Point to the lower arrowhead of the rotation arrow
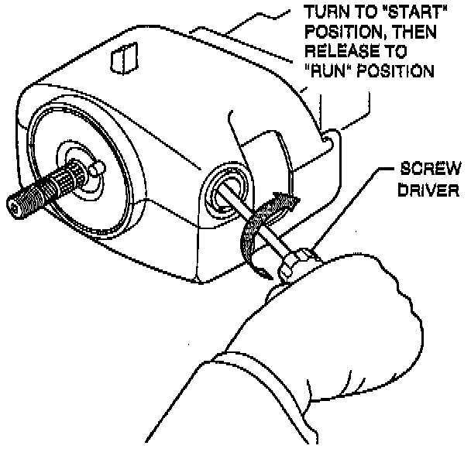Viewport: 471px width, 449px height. (x=262, y=271)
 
